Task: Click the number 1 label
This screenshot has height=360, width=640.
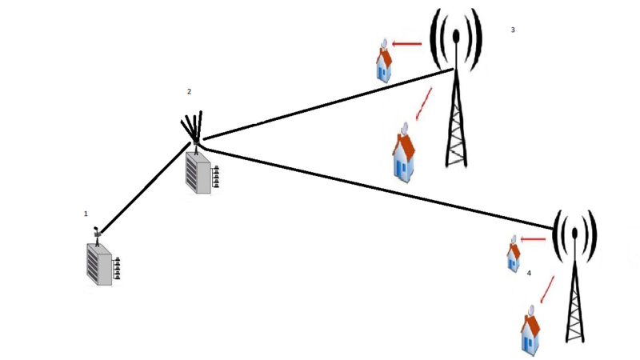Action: point(86,214)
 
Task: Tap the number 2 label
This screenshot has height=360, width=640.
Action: point(189,92)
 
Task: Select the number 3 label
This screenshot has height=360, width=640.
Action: point(512,30)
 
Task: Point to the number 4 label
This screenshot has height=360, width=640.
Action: point(529,273)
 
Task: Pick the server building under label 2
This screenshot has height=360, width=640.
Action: point(198,170)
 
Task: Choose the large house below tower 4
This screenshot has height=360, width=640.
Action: point(530,330)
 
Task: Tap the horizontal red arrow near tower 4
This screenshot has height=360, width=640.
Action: point(533,238)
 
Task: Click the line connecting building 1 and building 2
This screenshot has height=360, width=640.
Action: point(144,189)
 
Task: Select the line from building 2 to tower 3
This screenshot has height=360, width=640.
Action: point(320,105)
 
